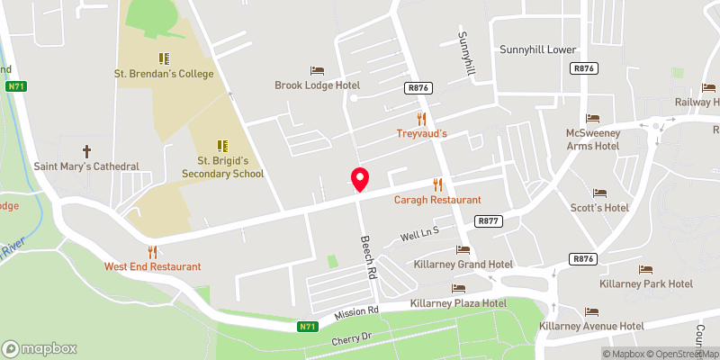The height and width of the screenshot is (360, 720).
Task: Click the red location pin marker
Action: (x=360, y=178)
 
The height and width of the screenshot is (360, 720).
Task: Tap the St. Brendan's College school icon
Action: (x=164, y=58)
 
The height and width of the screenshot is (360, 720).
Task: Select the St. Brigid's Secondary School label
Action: (x=223, y=166)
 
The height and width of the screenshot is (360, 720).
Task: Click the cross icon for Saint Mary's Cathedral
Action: (x=87, y=150)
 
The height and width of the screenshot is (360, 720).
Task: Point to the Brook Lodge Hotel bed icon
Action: (x=317, y=70)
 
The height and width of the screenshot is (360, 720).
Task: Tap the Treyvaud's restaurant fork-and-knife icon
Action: (x=420, y=118)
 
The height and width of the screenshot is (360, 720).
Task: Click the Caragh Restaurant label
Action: (x=437, y=199)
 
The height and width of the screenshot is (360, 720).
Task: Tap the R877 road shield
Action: (x=488, y=220)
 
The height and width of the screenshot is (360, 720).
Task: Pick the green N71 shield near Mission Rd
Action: (x=308, y=327)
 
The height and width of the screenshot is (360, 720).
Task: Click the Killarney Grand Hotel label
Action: (x=463, y=265)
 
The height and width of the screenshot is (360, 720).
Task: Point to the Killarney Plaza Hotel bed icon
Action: (x=458, y=288)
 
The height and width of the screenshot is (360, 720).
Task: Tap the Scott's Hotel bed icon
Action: (x=599, y=193)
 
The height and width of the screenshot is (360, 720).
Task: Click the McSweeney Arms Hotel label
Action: (x=592, y=139)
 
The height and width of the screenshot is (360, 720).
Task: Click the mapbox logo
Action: (x=40, y=348)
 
